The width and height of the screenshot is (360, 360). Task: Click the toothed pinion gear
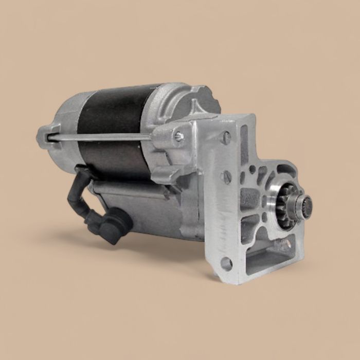(x=284, y=198)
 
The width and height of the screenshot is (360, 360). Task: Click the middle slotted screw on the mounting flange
(x=227, y=177)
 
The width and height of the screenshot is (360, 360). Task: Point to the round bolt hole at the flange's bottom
(x=226, y=263)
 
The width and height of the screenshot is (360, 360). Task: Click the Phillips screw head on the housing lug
(x=178, y=136)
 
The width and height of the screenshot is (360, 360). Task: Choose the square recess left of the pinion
(x=250, y=198)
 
